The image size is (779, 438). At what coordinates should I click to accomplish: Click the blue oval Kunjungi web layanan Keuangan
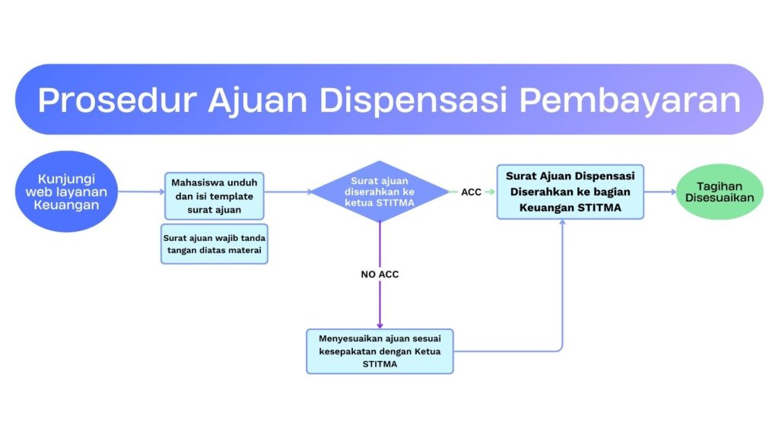click(66, 192)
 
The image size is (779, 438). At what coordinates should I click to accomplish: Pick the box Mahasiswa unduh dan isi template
click(214, 196)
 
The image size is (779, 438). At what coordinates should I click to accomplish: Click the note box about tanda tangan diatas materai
click(214, 243)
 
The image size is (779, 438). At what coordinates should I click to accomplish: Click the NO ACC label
click(380, 275)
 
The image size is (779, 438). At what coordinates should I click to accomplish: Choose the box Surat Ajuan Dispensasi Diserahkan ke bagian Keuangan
click(570, 192)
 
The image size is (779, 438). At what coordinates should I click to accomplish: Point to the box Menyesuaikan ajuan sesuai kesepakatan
click(380, 351)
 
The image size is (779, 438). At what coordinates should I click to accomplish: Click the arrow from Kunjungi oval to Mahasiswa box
click(141, 192)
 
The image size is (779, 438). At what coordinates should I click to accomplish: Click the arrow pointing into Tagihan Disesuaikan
click(660, 192)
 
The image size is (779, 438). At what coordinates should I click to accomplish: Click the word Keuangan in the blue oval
click(66, 205)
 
